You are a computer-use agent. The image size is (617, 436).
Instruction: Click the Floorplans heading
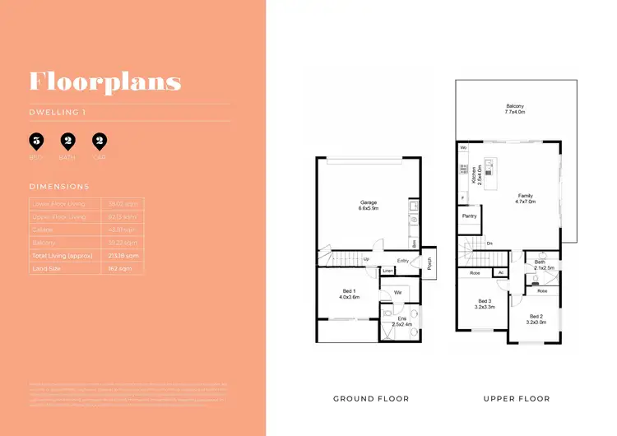[x=104, y=81]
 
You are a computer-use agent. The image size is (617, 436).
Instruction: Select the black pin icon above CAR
[x=100, y=141]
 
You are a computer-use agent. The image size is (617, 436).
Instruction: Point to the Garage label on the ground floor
[x=368, y=206]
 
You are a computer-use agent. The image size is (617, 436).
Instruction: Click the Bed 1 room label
[x=350, y=294]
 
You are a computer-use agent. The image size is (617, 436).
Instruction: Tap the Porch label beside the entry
[x=431, y=264]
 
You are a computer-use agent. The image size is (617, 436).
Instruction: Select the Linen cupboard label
[x=387, y=271]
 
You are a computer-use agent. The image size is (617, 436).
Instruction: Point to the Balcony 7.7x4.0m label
[x=516, y=109]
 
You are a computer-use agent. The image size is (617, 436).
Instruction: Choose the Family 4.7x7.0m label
[x=524, y=197]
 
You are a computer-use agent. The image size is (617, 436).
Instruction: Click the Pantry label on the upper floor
[x=471, y=216]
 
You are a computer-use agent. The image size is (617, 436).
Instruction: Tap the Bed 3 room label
[x=484, y=304]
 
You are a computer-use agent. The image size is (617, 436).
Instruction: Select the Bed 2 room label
[x=536, y=319]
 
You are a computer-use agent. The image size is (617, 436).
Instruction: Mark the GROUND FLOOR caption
[x=370, y=399]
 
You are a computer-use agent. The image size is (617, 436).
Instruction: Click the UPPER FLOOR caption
[x=516, y=399]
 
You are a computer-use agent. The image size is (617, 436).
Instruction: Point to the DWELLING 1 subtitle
[x=56, y=113]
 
